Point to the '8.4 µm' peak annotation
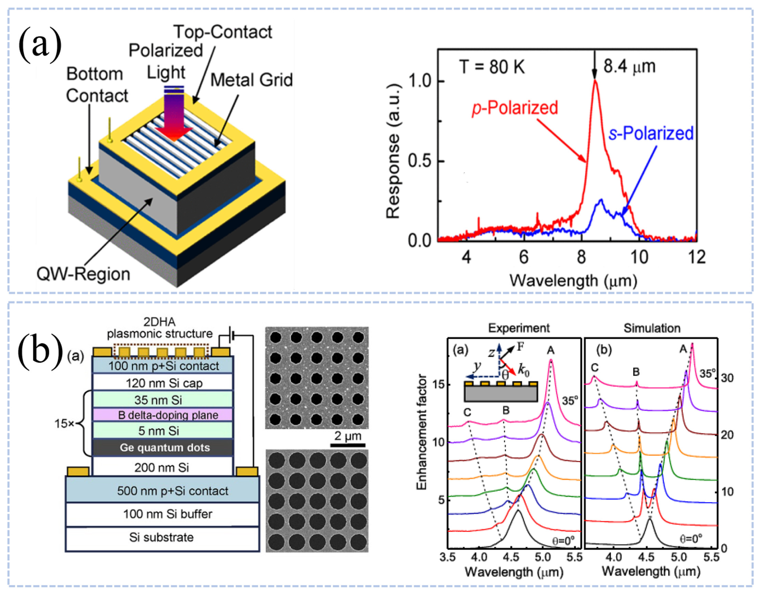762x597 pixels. pyautogui.click(x=629, y=66)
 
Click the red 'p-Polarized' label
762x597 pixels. pyautogui.click(x=514, y=108)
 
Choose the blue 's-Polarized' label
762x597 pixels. pyautogui.click(x=651, y=133)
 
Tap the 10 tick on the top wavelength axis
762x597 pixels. pyautogui.click(x=639, y=257)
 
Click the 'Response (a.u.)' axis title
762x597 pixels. pyautogui.click(x=393, y=151)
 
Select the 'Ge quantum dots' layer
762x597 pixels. pyautogui.click(x=164, y=447)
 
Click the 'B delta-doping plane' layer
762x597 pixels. pyautogui.click(x=168, y=415)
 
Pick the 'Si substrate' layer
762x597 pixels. pyautogui.click(x=161, y=537)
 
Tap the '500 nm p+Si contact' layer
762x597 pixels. pyautogui.click(x=172, y=491)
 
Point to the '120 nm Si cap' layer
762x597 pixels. pyautogui.click(x=164, y=383)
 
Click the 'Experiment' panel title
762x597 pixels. pyautogui.click(x=519, y=328)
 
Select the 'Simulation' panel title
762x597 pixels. pyautogui.click(x=652, y=328)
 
